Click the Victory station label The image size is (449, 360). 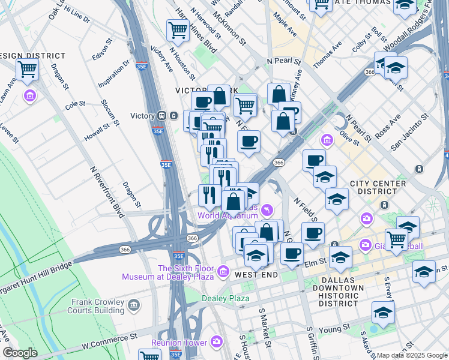coord(143,116)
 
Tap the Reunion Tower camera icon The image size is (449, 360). coord(216,342)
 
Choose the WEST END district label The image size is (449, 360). coord(256,275)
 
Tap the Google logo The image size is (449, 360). coord(20,353)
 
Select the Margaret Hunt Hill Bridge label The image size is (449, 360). coord(36,270)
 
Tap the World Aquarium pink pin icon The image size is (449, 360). coord(267,210)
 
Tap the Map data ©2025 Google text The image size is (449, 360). coord(411,355)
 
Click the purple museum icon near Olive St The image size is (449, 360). coord(327,140)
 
